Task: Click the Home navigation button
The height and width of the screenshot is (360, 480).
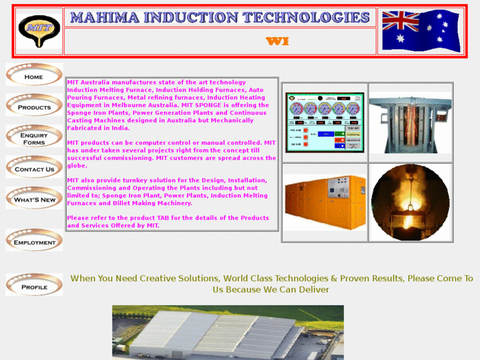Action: [34, 77]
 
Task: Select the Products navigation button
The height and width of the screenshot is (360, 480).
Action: [34, 107]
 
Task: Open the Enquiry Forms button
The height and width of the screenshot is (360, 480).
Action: [34, 139]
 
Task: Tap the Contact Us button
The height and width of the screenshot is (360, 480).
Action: [34, 169]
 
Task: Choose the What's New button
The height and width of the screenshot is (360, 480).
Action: [34, 199]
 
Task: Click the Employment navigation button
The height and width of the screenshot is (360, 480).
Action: [34, 242]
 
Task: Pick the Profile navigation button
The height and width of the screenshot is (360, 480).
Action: [34, 287]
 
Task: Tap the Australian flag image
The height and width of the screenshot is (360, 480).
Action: [420, 31]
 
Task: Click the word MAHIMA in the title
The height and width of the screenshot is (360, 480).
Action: [106, 18]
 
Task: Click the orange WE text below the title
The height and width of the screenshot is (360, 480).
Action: [277, 42]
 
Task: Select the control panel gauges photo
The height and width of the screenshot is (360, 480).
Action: [324, 122]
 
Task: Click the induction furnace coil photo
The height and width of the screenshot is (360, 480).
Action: [410, 124]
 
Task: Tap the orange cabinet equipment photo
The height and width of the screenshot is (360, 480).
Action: [324, 202]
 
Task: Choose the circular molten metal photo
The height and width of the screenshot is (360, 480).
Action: [410, 202]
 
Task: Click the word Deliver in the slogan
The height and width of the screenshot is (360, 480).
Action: [313, 290]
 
